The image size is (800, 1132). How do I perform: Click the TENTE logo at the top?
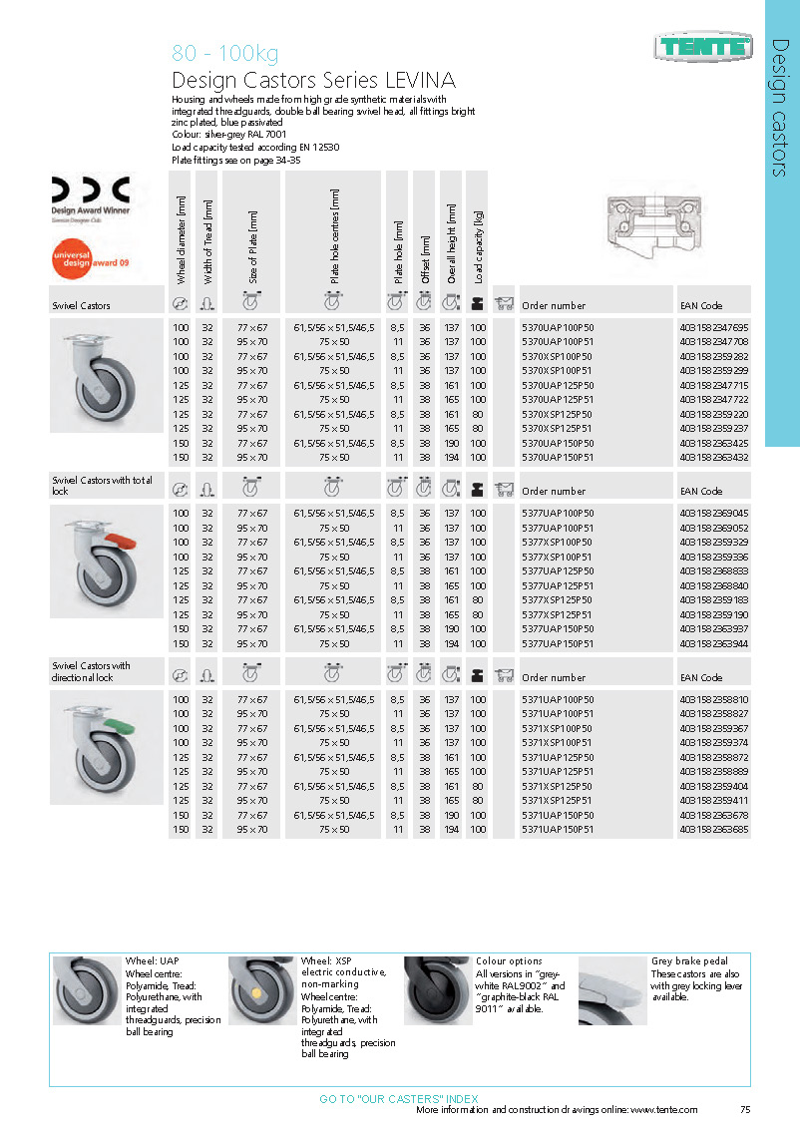click(x=703, y=44)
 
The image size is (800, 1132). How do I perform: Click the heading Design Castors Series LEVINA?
click(x=314, y=81)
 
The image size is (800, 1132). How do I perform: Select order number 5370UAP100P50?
click(x=558, y=327)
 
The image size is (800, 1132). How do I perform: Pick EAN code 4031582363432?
click(x=713, y=457)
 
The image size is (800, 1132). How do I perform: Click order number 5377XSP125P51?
click(x=558, y=614)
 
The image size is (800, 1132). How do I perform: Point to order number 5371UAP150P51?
click(x=558, y=829)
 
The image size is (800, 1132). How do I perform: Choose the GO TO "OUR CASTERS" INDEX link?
click(x=399, y=1098)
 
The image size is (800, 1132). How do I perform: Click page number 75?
click(x=745, y=1110)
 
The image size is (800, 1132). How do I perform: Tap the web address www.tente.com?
click(x=663, y=1110)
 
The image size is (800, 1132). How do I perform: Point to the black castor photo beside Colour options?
click(x=437, y=990)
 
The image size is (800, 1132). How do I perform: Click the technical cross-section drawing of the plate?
click(x=655, y=221)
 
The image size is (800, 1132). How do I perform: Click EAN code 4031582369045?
click(x=713, y=513)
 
